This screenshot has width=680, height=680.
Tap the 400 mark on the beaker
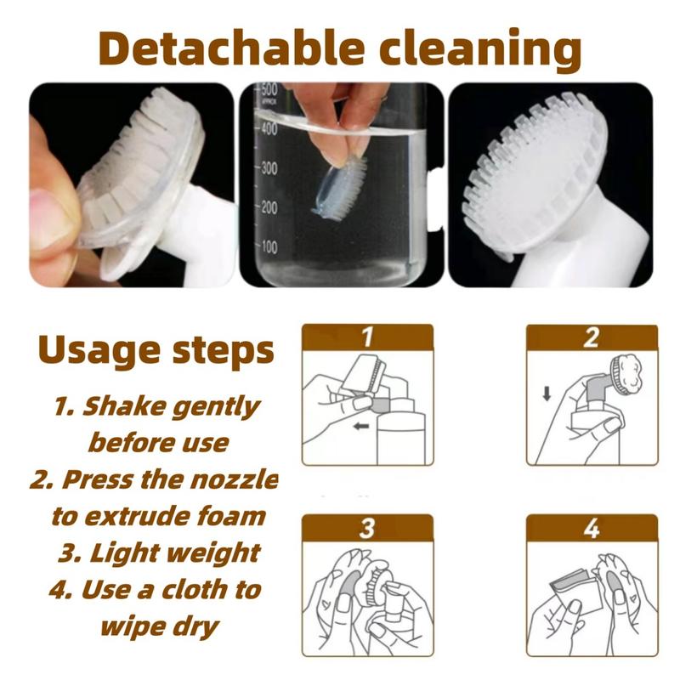point(269,128)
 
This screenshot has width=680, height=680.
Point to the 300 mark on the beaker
point(269,167)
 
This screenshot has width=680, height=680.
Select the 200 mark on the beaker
point(269,207)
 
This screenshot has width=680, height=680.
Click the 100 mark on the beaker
point(269,246)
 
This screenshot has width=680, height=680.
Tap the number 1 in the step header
point(367,337)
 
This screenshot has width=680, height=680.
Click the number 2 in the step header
point(592,337)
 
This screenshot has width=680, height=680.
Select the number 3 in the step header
point(367,528)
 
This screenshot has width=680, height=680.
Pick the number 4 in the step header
point(592,528)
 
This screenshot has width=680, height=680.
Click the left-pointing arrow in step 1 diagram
point(361,427)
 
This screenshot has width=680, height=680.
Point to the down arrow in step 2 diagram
point(547,394)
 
